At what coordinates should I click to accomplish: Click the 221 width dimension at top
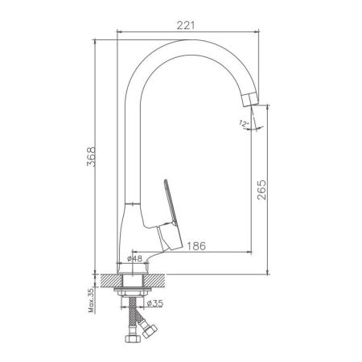pos(187,25)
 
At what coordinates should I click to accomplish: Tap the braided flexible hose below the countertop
pos(134,318)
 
